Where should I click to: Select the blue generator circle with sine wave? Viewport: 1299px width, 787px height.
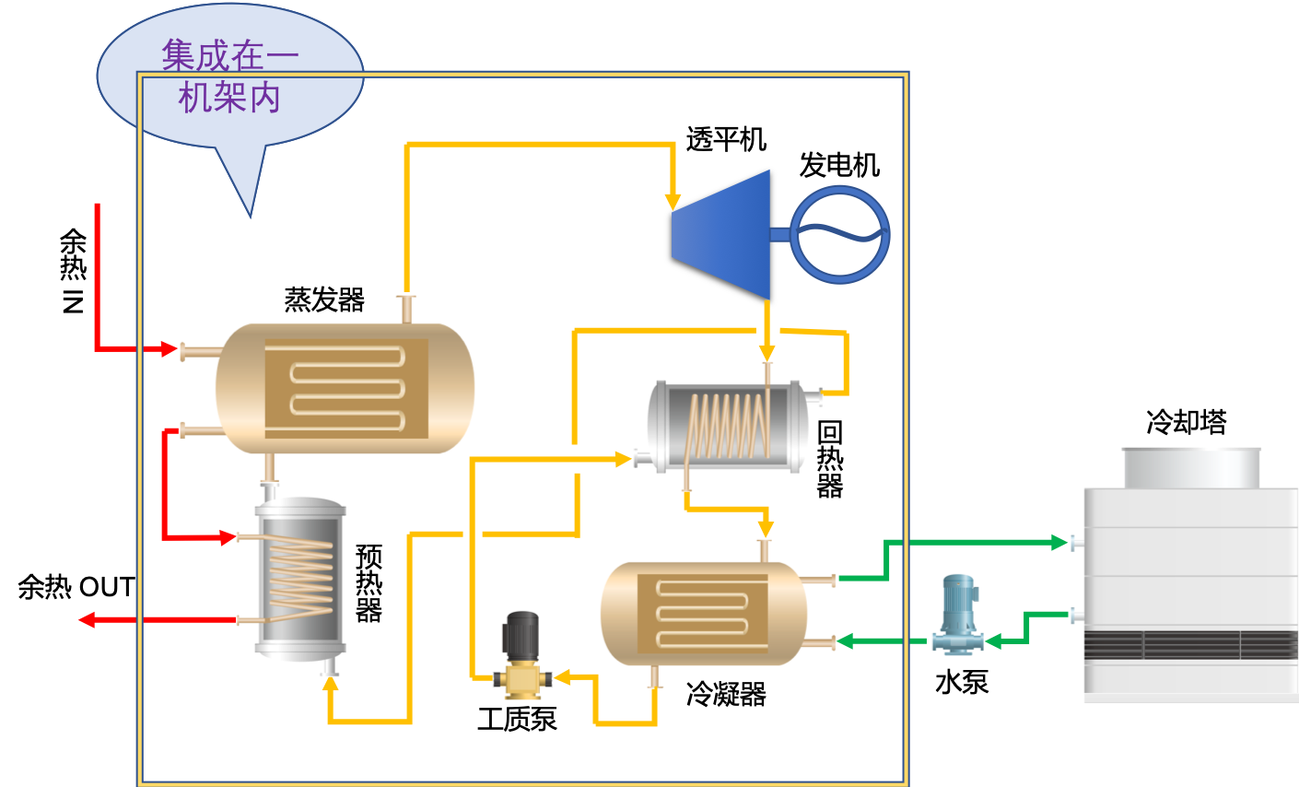tap(839, 234)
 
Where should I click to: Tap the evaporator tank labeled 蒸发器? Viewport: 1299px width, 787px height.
tap(345, 388)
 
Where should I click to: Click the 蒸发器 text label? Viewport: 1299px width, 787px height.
tap(324, 302)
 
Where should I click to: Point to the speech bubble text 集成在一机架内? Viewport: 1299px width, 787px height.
tap(229, 76)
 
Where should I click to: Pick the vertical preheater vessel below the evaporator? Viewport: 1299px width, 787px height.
tap(298, 578)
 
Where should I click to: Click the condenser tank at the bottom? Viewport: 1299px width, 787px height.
tap(703, 614)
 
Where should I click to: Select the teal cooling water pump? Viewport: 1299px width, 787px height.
tap(958, 614)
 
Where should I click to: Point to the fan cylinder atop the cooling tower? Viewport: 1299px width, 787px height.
tap(1190, 467)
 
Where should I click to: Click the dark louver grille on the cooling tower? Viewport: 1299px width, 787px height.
tap(1190, 645)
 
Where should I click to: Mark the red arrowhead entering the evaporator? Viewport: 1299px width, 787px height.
tap(170, 349)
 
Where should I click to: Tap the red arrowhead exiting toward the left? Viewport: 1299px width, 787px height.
tap(87, 620)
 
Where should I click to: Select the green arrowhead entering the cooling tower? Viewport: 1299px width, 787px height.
tap(1059, 542)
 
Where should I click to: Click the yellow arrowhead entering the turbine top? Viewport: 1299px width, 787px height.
tap(673, 202)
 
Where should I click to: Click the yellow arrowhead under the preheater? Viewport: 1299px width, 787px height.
tap(330, 684)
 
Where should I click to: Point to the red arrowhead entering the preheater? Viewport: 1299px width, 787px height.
tap(228, 537)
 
